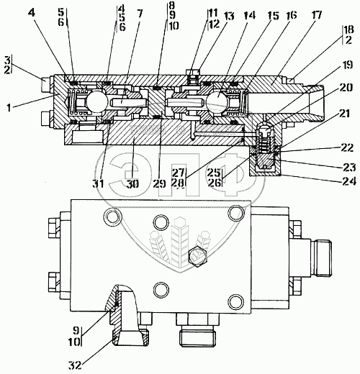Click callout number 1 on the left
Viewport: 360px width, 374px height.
[x=9, y=108]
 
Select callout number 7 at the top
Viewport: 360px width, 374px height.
[x=139, y=14]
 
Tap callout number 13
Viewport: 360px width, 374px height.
[x=228, y=16]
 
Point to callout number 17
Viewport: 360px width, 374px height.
[x=316, y=15]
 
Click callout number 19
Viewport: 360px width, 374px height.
[x=346, y=65]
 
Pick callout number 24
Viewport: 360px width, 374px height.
[x=349, y=181]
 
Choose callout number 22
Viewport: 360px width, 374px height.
[x=346, y=147]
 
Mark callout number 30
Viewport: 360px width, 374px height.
[x=132, y=184]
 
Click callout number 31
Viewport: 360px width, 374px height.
[x=99, y=184]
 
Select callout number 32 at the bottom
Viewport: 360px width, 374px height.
[x=75, y=365]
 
